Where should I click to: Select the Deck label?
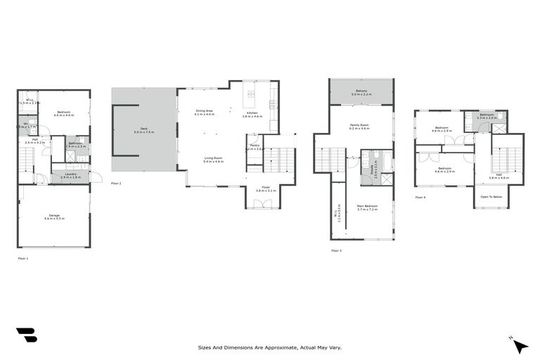tap(144, 130)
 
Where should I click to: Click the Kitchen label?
tap(252, 115)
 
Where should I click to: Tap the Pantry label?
tap(254, 148)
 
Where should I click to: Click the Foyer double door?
tap(263, 205)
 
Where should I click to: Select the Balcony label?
tap(361, 92)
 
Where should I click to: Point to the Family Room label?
tap(360, 127)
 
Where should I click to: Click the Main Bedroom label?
tap(368, 208)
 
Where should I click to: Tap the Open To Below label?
tap(490, 197)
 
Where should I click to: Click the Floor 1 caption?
tap(23, 259)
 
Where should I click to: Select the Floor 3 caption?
tap(336, 250)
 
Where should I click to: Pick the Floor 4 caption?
tap(420, 198)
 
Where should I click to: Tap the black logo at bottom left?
tap(27, 335)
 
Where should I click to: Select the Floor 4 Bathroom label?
tap(488, 116)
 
